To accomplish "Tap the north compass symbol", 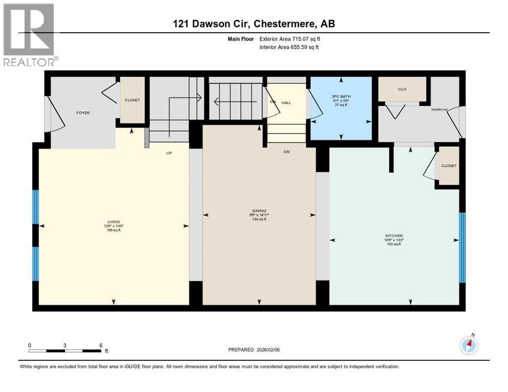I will click(469, 345).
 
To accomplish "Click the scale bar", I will click(65, 350).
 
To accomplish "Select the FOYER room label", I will click(83, 113).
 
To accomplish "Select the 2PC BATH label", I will click(341, 96).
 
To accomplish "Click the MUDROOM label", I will click(440, 109).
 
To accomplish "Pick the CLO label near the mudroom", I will click(402, 89).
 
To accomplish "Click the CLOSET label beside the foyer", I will click(132, 100).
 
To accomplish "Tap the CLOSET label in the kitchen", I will click(448, 166).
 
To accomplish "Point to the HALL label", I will click(286, 103).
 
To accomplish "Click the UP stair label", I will click(168, 153).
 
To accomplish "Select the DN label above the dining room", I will click(287, 152).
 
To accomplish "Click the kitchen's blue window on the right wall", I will click(463, 248).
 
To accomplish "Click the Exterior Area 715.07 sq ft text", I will click(290, 39).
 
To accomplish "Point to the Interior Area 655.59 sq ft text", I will click(290, 47).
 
